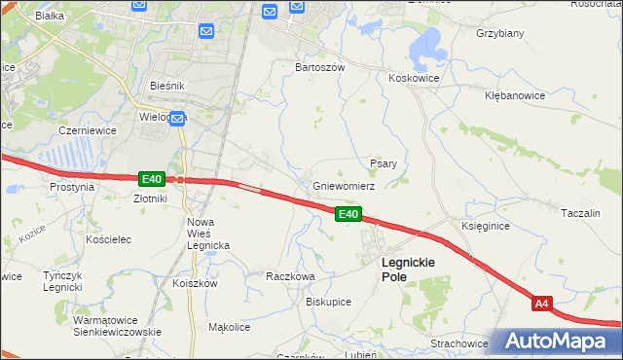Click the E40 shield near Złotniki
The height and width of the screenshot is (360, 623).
(x=151, y=179)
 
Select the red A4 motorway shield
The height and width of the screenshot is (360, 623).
(x=543, y=305)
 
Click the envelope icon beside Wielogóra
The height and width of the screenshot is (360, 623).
(x=179, y=118)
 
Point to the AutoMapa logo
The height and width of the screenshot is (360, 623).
(x=554, y=342)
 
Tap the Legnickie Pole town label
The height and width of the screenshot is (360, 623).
(x=408, y=270)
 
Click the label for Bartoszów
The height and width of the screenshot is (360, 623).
(x=320, y=67)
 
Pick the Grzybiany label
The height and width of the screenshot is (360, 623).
(x=500, y=33)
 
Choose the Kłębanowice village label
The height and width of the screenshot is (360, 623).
(x=517, y=96)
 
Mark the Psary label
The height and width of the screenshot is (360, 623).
(x=383, y=163)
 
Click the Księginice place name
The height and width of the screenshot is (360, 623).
(x=485, y=225)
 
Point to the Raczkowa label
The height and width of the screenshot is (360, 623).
(x=290, y=276)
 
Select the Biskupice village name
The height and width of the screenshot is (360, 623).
(x=328, y=302)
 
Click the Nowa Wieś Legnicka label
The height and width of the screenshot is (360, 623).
(x=207, y=234)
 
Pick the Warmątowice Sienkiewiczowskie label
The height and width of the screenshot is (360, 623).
(x=116, y=325)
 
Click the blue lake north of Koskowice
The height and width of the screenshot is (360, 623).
(x=425, y=44)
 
